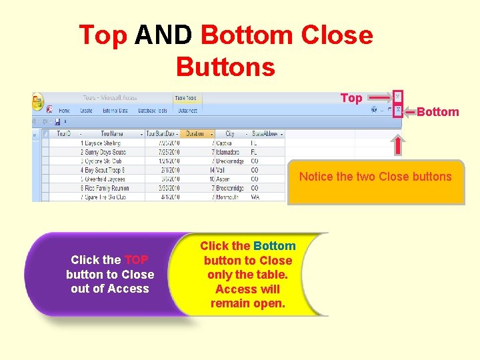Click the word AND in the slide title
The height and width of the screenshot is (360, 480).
point(163,35)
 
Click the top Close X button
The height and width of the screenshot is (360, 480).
point(398,97)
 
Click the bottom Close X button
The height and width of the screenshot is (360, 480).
point(398,111)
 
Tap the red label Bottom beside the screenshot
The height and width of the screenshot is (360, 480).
point(437,112)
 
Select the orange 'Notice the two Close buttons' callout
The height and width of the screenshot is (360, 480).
point(375,181)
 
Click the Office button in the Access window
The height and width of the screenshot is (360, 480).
point(39,103)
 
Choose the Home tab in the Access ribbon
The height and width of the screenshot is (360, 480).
point(65,111)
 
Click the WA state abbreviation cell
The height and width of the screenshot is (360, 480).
point(255,197)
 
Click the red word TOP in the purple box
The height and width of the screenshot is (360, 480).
point(136,260)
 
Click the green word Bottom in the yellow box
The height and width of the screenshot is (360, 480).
point(275,246)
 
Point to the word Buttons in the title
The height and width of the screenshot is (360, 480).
point(225,67)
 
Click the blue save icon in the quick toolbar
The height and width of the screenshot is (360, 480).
point(58,122)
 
